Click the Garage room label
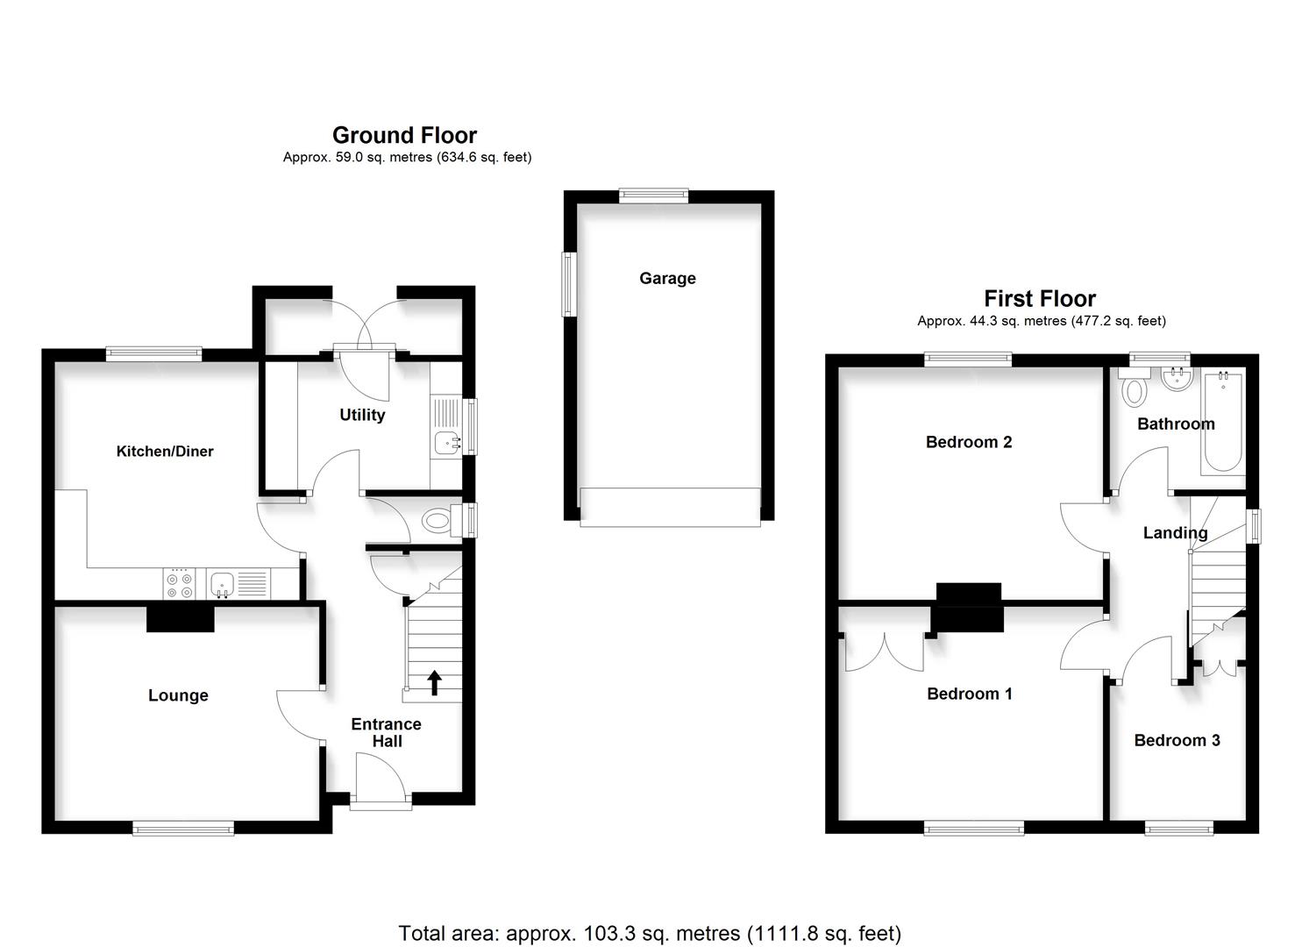(667, 278)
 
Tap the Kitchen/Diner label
(165, 451)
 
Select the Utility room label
(362, 415)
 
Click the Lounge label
(178, 695)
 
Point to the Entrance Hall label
(386, 732)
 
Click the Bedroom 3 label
(1177, 740)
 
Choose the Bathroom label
(1176, 424)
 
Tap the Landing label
(1175, 532)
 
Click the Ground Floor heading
(404, 135)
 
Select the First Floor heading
(1040, 298)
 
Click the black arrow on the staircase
(434, 682)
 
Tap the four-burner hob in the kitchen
(180, 585)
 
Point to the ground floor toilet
(438, 522)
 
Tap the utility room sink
(446, 442)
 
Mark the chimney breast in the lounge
(180, 619)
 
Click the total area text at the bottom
(650, 933)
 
